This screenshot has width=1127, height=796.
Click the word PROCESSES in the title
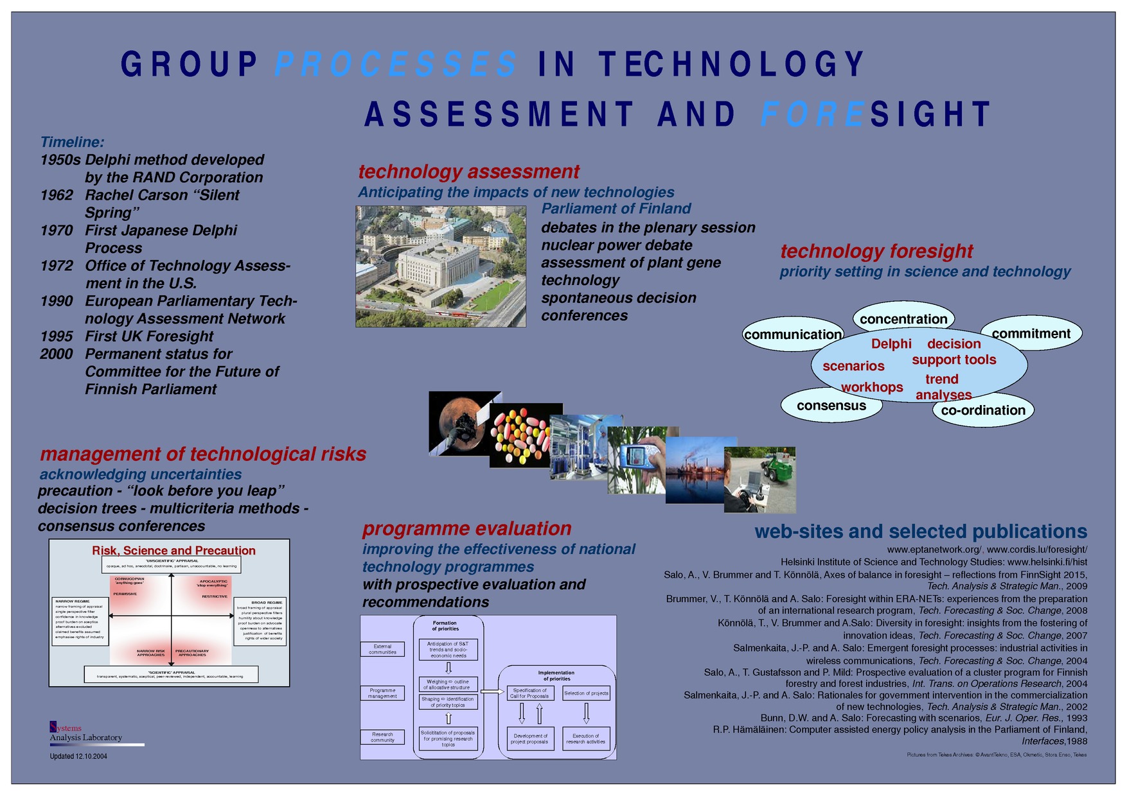[396, 65]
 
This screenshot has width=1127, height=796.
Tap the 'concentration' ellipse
[903, 318]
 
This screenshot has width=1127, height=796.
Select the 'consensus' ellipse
[831, 406]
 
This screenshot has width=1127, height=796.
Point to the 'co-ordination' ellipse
[983, 411]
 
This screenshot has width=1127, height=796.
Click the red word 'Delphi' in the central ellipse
[891, 344]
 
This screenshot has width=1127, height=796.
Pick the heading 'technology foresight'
[876, 251]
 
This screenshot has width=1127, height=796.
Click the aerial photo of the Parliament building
[441, 266]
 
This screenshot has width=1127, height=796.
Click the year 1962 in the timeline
[57, 195]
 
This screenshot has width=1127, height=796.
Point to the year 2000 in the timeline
[57, 354]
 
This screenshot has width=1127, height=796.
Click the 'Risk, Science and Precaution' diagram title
[173, 551]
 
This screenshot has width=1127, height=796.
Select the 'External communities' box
[382, 649]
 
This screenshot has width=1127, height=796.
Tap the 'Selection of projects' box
[586, 693]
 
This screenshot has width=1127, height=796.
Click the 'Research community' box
[382, 737]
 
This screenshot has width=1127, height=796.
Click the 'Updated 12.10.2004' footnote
[78, 756]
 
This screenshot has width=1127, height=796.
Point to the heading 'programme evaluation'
[467, 528]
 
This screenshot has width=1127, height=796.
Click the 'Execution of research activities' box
[585, 739]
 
